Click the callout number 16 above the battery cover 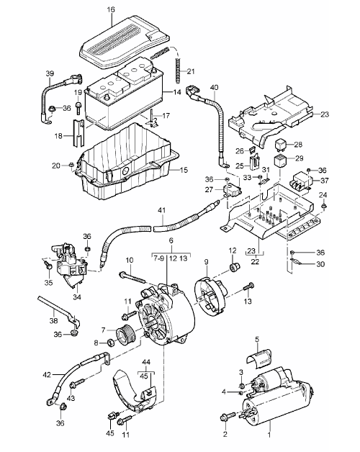111,9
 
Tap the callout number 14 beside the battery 177,92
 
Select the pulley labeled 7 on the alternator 124,337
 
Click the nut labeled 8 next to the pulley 110,343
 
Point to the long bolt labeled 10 133,277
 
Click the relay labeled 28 281,145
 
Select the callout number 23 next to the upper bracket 325,114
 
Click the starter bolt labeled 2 228,417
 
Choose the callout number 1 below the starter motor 269,435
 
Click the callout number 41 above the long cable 162,210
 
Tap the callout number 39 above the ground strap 50,73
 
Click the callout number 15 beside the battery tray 184,170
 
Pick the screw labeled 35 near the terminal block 48,266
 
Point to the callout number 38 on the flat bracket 54,320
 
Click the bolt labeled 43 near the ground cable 77,384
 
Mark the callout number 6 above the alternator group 171,240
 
